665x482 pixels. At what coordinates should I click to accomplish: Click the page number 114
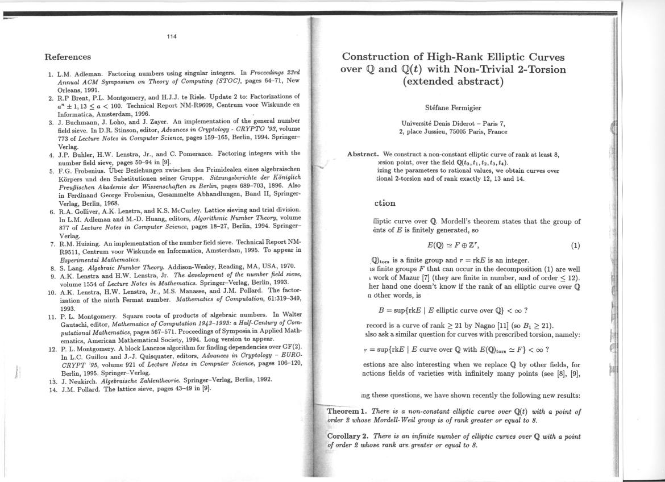coord(172,37)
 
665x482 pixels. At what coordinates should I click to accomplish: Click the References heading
coord(68,57)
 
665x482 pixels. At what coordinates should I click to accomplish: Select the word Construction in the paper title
coord(378,57)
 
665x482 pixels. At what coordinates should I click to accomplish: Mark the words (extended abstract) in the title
coord(453,81)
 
